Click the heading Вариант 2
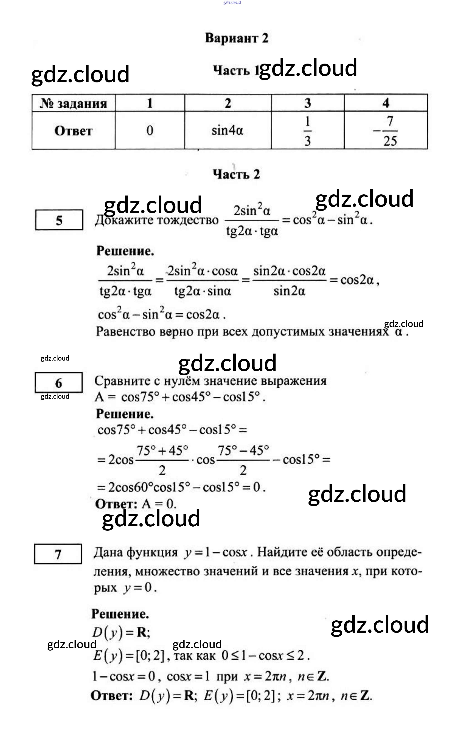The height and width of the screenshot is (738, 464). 236,38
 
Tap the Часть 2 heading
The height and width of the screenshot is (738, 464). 236,174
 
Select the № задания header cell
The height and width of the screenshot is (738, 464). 74,103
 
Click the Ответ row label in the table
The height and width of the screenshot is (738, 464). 74,131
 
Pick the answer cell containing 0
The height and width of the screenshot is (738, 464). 150,131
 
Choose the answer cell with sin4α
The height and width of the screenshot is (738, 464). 227,131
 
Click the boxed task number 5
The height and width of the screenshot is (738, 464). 59,220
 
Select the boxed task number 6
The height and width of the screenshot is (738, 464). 59,382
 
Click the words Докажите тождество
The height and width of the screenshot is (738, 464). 157,220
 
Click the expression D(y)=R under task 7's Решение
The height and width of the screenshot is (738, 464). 121,632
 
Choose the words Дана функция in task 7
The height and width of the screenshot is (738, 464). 136,552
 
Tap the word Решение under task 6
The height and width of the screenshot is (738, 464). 124,414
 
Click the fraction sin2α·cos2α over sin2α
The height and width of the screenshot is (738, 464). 289,280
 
